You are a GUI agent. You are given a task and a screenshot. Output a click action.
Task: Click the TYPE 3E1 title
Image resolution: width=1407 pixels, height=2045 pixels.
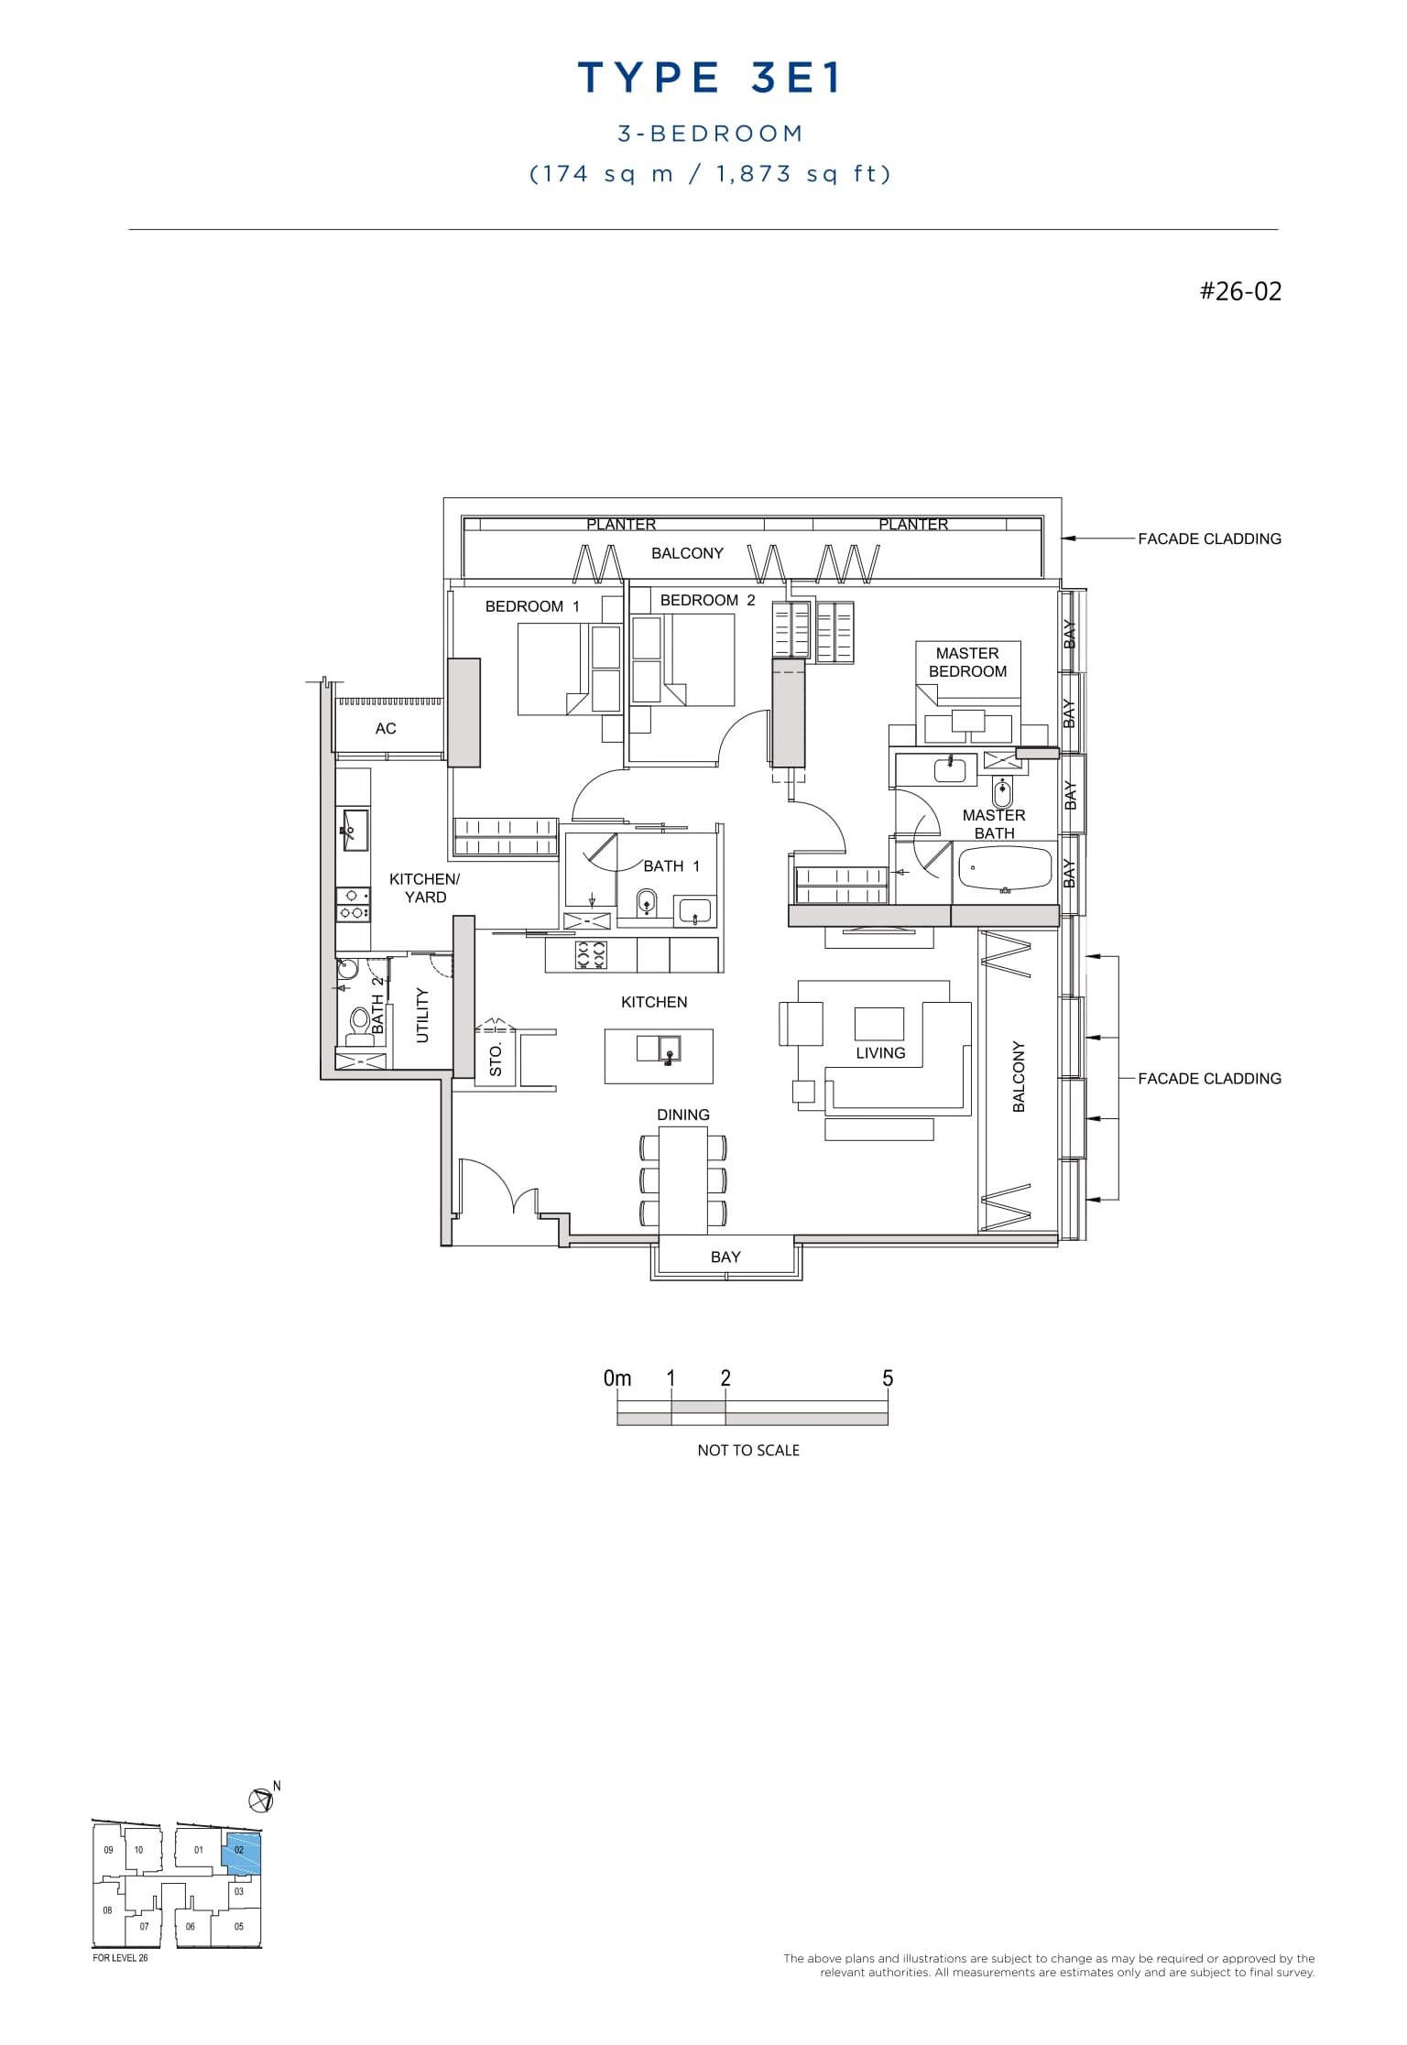pyautogui.click(x=710, y=80)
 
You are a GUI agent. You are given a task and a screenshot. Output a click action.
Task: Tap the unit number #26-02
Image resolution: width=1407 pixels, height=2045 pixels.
pyautogui.click(x=1240, y=291)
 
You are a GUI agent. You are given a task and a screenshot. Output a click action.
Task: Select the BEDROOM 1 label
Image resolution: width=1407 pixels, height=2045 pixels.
pyautogui.click(x=531, y=606)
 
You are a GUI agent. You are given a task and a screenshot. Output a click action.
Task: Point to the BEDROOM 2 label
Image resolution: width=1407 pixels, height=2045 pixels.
pyautogui.click(x=707, y=600)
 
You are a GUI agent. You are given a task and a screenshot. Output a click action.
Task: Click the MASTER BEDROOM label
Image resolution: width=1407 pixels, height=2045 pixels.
pyautogui.click(x=967, y=662)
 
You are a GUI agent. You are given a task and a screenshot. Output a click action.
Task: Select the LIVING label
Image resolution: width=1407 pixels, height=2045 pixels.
pyautogui.click(x=880, y=1053)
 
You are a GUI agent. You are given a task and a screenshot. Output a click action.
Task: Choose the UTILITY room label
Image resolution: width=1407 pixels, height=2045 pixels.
pyautogui.click(x=422, y=1015)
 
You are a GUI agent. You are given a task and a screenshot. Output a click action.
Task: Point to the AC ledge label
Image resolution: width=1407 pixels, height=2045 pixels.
pyautogui.click(x=386, y=729)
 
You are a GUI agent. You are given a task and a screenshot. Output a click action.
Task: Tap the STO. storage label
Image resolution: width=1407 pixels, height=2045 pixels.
pyautogui.click(x=496, y=1059)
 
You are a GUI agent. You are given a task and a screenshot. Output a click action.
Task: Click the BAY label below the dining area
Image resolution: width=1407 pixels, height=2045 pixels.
pyautogui.click(x=725, y=1257)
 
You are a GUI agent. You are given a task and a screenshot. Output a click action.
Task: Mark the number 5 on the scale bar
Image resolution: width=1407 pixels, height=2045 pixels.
pyautogui.click(x=887, y=1378)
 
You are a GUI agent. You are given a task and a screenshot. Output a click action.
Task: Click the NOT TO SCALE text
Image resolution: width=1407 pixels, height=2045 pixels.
pyautogui.click(x=748, y=1451)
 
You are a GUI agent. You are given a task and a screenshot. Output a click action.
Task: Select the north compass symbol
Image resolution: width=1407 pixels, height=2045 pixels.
pyautogui.click(x=261, y=1800)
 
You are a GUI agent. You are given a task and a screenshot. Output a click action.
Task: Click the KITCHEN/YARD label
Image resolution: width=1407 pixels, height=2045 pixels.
pyautogui.click(x=424, y=888)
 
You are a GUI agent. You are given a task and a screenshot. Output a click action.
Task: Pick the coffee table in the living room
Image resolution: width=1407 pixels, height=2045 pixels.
pyautogui.click(x=879, y=1023)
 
